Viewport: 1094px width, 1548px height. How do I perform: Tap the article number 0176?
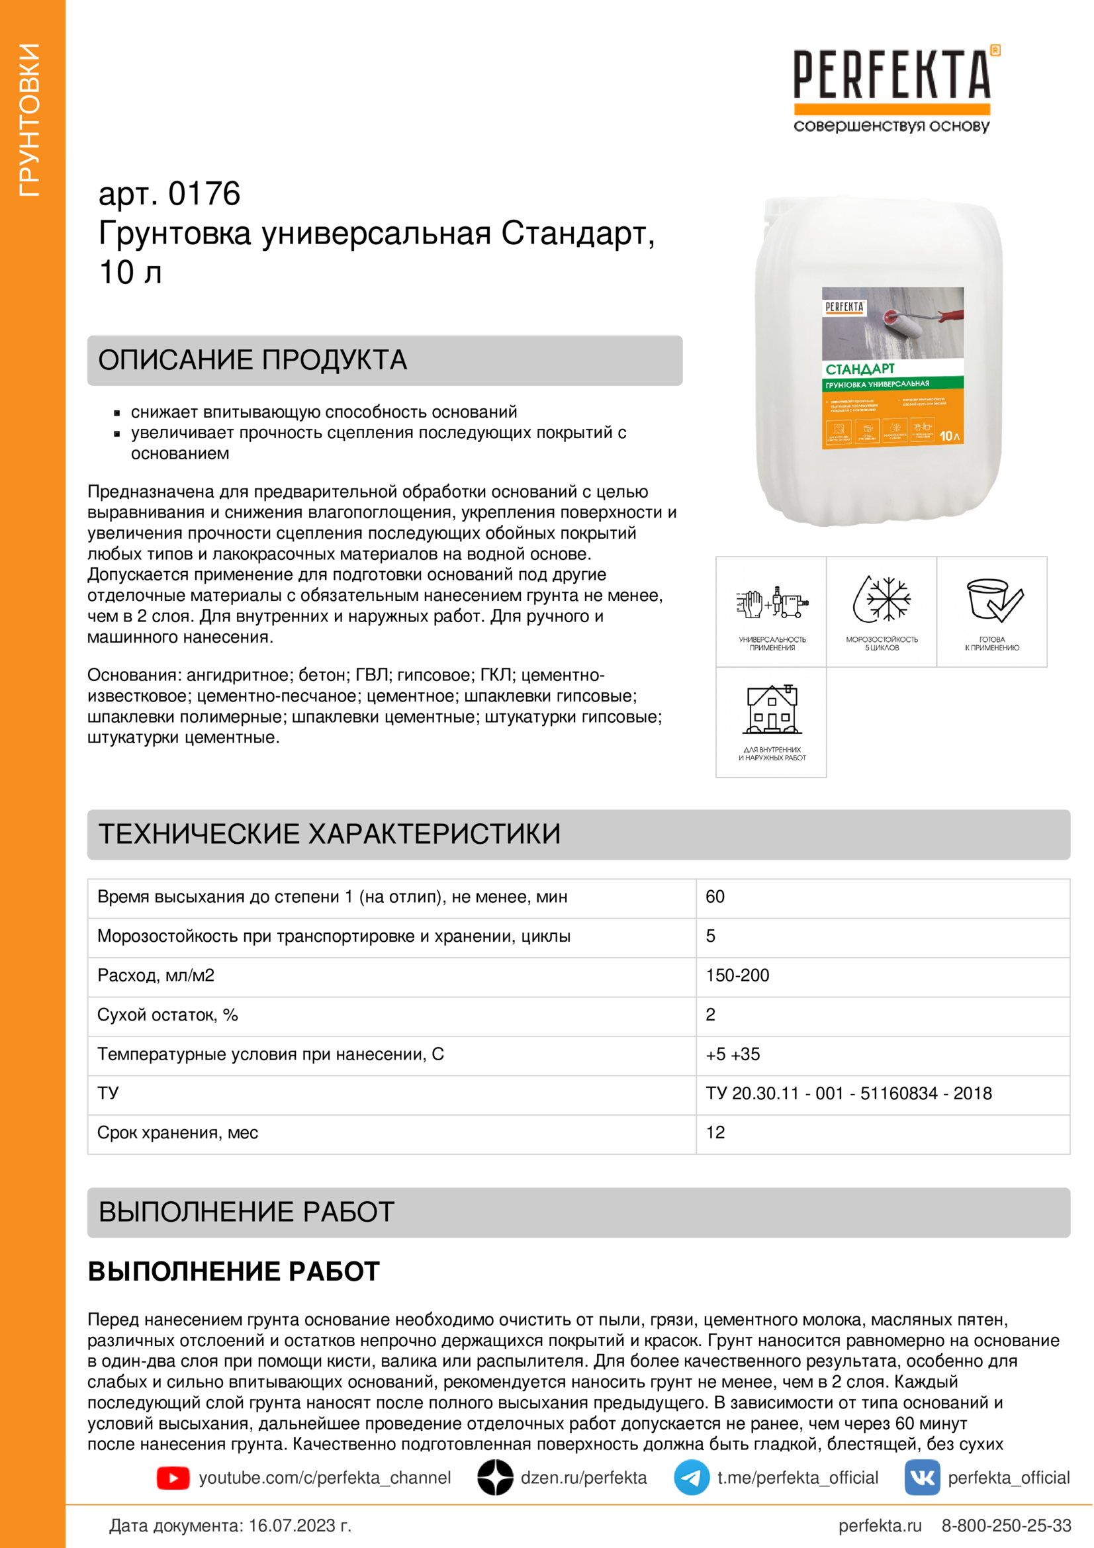(x=204, y=194)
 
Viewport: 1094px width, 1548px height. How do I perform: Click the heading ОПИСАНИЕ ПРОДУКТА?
(x=253, y=360)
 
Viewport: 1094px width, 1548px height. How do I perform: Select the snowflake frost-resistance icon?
(x=882, y=599)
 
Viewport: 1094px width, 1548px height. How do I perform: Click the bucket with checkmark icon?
(x=992, y=600)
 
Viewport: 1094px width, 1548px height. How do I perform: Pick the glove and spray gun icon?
(x=772, y=601)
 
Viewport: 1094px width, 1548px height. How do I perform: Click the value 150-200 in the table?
(x=737, y=976)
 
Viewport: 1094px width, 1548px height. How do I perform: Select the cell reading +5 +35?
(x=733, y=1054)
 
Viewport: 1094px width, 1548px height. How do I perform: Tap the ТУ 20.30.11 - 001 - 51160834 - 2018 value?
(x=848, y=1093)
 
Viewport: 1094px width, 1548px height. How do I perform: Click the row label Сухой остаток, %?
(x=168, y=1015)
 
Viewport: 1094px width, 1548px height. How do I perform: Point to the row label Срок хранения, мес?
(x=177, y=1132)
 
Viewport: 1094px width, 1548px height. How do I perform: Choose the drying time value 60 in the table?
(x=715, y=897)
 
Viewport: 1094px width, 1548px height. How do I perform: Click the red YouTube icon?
(x=173, y=1478)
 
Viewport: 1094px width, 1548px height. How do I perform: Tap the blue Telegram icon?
(x=692, y=1478)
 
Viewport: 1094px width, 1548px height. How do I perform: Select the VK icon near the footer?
(x=922, y=1478)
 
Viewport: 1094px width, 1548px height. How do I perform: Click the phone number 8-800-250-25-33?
(x=1007, y=1525)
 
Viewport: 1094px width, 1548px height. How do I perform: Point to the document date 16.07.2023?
(x=299, y=1525)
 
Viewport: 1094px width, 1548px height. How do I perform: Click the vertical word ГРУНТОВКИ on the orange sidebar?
(x=30, y=120)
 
